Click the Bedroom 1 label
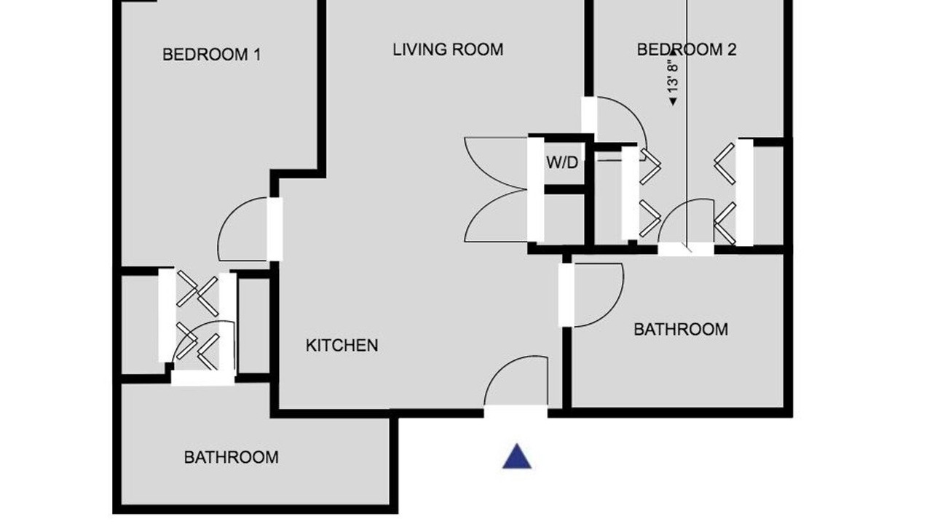[211, 55]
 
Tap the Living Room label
[448, 49]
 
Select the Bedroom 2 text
[687, 49]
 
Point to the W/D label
[562, 162]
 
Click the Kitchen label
[341, 345]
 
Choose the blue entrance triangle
[517, 456]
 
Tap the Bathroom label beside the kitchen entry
[681, 330]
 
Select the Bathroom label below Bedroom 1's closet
[232, 457]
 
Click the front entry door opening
[516, 412]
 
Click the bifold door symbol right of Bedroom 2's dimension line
[724, 164]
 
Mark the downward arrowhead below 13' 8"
[672, 101]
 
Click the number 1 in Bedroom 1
[257, 55]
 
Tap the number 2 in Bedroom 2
[732, 49]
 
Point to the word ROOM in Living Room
[478, 49]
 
